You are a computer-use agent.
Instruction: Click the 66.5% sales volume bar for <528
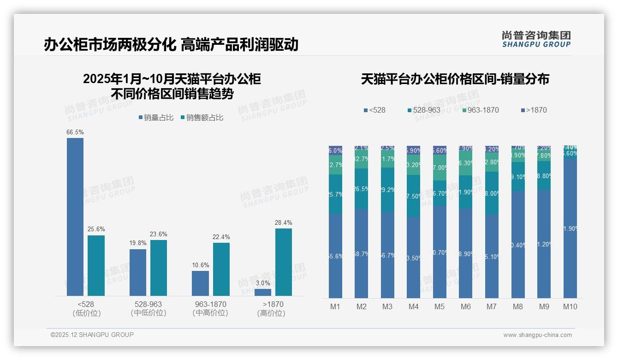75,217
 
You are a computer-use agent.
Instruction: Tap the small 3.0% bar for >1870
263,292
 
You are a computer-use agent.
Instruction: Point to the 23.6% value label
159,234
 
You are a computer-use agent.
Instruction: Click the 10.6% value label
200,265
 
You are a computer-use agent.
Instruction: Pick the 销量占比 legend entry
156,118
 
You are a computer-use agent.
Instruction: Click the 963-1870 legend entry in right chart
480,110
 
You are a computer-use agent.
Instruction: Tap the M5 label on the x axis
440,306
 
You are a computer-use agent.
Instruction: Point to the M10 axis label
570,306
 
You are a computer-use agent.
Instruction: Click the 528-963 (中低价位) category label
148,308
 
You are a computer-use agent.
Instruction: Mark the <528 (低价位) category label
87,308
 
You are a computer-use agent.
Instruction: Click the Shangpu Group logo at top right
536,39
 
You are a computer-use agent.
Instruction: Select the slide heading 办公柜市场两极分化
110,44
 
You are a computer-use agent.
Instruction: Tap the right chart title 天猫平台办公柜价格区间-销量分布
455,79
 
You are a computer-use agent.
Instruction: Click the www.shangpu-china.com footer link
537,335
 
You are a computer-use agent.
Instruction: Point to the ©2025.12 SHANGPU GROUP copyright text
92,335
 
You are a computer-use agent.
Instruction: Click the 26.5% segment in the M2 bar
361,189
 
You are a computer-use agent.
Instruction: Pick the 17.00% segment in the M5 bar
440,168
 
